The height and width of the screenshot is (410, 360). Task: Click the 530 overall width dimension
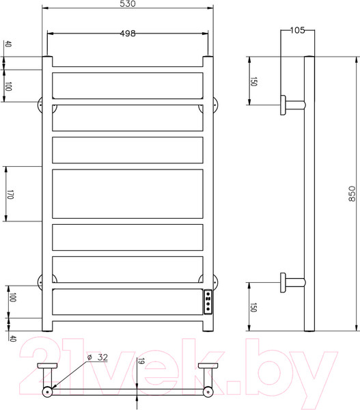coord(127,4)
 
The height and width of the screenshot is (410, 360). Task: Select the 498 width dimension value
coord(127,33)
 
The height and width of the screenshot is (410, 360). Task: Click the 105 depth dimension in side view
coord(297,30)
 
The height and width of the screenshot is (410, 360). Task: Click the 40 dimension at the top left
coord(9,45)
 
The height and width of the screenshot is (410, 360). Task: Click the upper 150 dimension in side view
coord(253,81)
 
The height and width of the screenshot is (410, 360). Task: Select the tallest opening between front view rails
coord(127,194)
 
